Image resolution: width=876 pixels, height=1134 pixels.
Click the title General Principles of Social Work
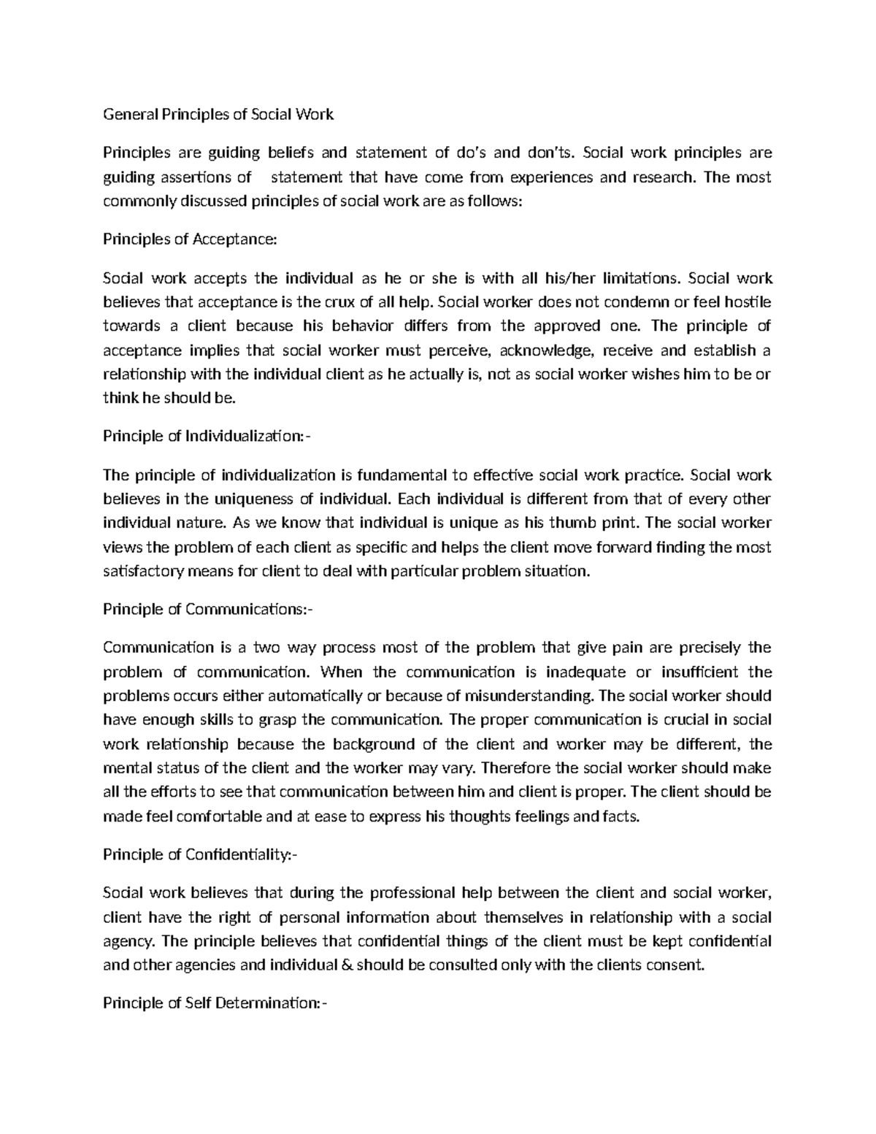click(218, 114)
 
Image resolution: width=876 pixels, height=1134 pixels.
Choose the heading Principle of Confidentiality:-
click(201, 854)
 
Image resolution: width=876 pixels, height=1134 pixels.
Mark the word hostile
click(748, 302)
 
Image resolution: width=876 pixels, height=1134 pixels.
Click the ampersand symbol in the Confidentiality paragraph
click(345, 965)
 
